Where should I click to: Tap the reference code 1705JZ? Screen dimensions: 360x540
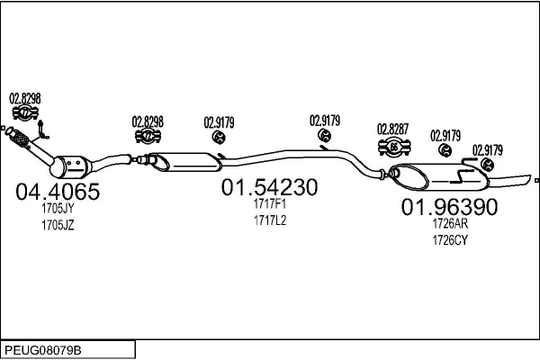[x=58, y=225]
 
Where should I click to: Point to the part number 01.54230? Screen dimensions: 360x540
[x=270, y=188]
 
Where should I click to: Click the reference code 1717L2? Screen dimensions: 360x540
[x=269, y=220]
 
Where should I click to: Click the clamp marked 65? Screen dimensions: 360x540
[x=393, y=148]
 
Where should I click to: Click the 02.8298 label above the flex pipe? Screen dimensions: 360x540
[x=25, y=98]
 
